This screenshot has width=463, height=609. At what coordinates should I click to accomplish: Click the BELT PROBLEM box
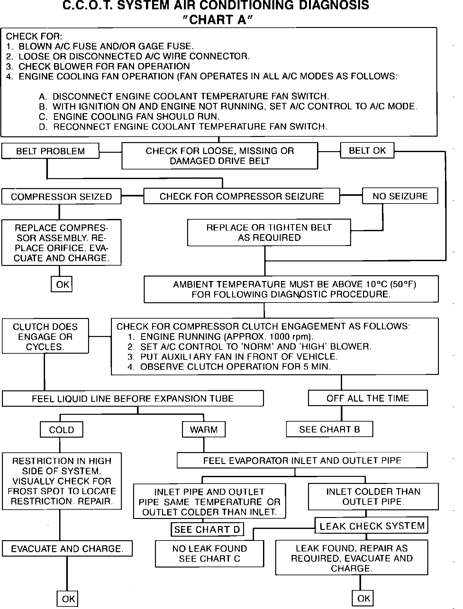click(50, 151)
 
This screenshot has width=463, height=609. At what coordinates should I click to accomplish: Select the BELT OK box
click(367, 150)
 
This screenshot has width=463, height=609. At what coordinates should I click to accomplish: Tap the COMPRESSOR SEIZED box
click(61, 196)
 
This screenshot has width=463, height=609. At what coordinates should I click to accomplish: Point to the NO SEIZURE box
click(400, 196)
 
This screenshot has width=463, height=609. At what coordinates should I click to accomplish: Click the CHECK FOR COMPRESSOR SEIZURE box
click(241, 196)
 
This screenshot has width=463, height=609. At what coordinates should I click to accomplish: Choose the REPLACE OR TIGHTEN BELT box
click(269, 232)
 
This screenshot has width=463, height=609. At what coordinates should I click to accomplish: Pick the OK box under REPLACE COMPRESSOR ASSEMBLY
click(62, 284)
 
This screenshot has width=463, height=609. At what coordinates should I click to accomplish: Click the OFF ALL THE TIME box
click(368, 398)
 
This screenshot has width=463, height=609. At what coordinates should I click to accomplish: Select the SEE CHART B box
click(330, 429)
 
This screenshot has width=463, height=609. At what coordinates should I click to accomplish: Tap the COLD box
click(61, 430)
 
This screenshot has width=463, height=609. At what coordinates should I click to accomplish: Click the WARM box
click(204, 430)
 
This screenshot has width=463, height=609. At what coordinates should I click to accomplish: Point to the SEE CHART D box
click(207, 530)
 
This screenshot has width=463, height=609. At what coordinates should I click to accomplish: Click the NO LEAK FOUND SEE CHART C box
click(209, 554)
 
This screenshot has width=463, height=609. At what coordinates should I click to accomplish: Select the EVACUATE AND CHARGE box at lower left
click(67, 549)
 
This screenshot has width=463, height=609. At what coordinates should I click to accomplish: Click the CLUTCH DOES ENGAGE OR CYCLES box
click(45, 336)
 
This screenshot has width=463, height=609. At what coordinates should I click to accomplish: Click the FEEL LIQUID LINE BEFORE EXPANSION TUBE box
click(132, 399)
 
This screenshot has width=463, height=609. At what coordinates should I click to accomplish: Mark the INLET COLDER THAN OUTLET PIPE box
click(373, 496)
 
